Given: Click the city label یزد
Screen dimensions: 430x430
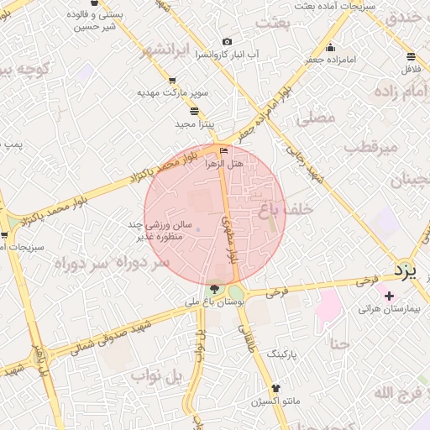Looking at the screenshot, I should (x=406, y=270).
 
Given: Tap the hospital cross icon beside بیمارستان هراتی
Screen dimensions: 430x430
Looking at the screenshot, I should (x=388, y=296).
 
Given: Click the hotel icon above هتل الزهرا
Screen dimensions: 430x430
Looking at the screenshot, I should (x=223, y=151).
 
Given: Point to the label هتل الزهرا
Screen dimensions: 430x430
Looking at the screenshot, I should (x=224, y=165).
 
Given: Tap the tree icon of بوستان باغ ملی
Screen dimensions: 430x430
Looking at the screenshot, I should (x=213, y=288).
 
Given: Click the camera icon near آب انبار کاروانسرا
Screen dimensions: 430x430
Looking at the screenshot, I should (x=226, y=42).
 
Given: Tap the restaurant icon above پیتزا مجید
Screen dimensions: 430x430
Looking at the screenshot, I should (x=195, y=111).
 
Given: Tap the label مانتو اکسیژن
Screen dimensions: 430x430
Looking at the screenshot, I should (x=274, y=390).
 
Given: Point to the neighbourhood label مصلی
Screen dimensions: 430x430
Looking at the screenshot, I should (x=316, y=118).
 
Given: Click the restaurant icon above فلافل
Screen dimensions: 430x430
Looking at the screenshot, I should (x=411, y=57).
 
